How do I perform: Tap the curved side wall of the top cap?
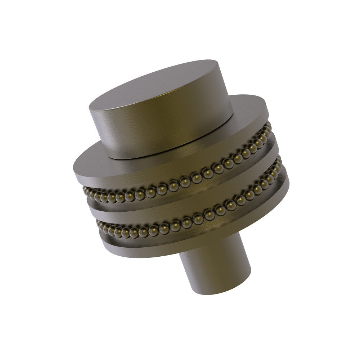click(162, 130)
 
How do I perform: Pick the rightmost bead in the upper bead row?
click(268, 126)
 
